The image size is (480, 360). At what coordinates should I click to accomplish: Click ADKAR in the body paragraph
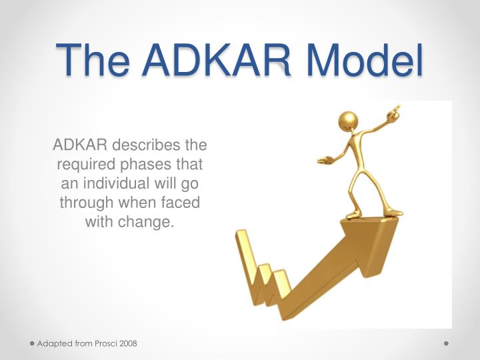coord(80,145)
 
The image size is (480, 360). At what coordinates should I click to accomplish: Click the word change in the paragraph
coord(147,221)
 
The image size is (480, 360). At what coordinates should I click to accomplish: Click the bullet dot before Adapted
coord(31,343)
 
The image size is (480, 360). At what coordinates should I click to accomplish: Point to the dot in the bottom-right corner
coord(446,343)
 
